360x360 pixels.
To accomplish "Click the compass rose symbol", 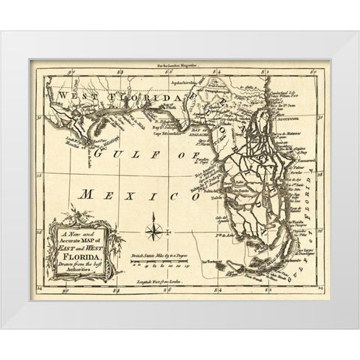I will [154, 227].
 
